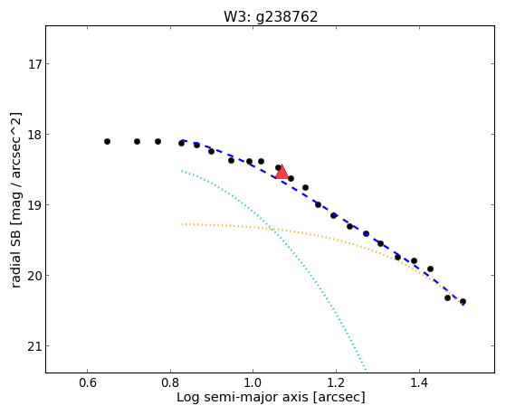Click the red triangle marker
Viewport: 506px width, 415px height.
[282, 173]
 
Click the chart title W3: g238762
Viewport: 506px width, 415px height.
[271, 17]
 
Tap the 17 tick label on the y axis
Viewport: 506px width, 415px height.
[34, 64]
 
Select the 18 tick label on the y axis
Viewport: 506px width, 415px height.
[34, 135]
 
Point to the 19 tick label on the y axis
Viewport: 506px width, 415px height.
[34, 205]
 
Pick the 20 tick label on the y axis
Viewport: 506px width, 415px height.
[34, 276]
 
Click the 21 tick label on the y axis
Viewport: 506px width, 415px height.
[34, 346]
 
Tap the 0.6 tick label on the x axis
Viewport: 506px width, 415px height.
[88, 382]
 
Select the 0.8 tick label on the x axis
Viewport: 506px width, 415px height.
[170, 382]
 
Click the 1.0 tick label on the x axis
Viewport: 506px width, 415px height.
[253, 382]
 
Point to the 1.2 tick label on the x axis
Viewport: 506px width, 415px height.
[336, 382]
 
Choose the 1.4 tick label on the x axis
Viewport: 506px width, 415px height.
[419, 382]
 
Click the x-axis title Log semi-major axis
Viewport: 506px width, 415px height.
[243, 398]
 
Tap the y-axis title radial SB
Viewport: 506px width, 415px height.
[16, 259]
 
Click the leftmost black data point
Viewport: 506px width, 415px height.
[107, 142]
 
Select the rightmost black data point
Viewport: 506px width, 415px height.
[463, 302]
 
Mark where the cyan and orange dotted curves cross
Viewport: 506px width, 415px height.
[272, 230]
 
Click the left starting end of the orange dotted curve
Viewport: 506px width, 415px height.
[182, 224]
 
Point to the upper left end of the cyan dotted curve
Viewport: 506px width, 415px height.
[182, 171]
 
